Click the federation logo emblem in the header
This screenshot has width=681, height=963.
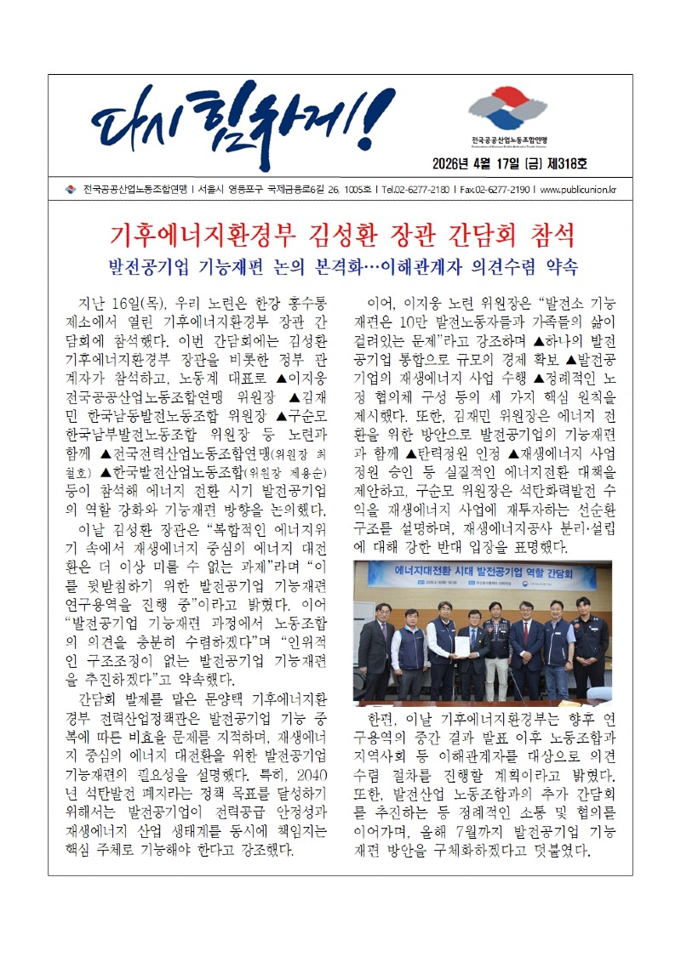pyautogui.click(x=509, y=109)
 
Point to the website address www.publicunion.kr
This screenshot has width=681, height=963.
pyautogui.click(x=579, y=189)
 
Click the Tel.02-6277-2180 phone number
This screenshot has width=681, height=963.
pyautogui.click(x=415, y=189)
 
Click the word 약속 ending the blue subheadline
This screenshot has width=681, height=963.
pyautogui.click(x=559, y=266)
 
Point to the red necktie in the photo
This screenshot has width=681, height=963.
pyautogui.click(x=527, y=633)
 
